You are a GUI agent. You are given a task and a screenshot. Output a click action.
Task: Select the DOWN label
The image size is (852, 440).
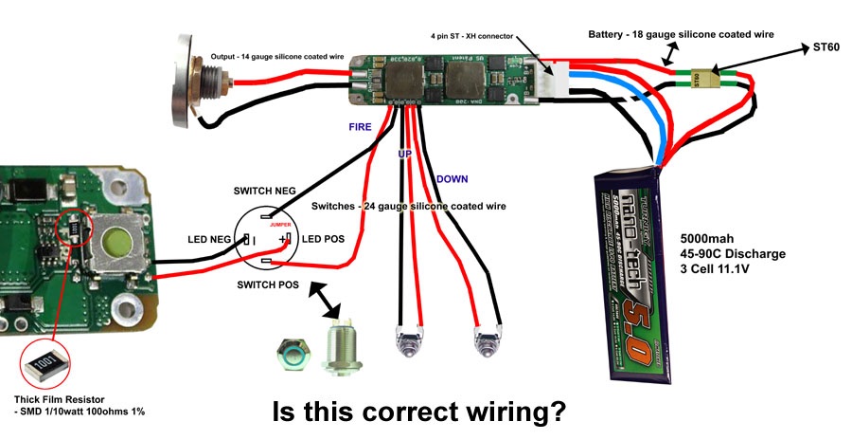452,178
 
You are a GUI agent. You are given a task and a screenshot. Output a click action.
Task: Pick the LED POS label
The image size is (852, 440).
324,239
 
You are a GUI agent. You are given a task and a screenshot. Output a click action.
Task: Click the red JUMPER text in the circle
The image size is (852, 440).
281,225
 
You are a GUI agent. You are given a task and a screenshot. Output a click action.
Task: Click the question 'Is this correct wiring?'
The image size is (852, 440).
418,412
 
